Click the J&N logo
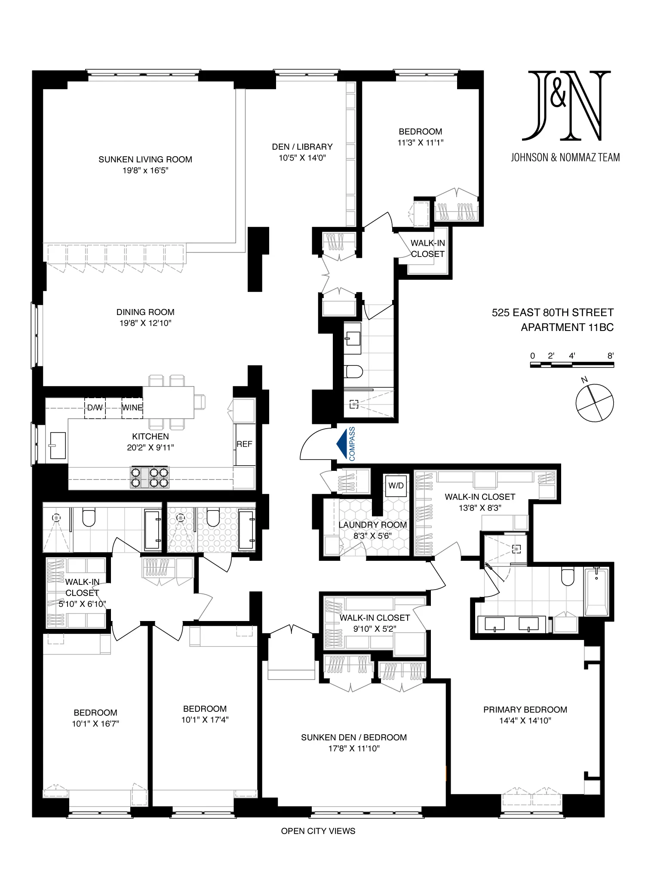click(566, 106)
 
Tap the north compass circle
click(595, 403)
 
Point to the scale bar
click(572, 365)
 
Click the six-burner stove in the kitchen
click(150, 478)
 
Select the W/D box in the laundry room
click(396, 485)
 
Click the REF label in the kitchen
click(244, 444)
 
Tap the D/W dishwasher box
click(95, 408)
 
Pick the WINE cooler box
click(132, 408)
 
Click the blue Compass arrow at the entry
click(343, 444)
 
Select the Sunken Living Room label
click(145, 159)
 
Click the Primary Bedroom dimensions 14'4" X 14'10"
click(525, 720)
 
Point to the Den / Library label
click(302, 147)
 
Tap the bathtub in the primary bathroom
click(596, 591)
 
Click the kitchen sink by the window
click(58, 445)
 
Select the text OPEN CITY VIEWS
click(318, 831)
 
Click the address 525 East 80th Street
click(553, 312)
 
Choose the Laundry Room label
click(372, 525)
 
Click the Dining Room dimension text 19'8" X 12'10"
click(145, 323)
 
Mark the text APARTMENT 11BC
click(567, 328)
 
